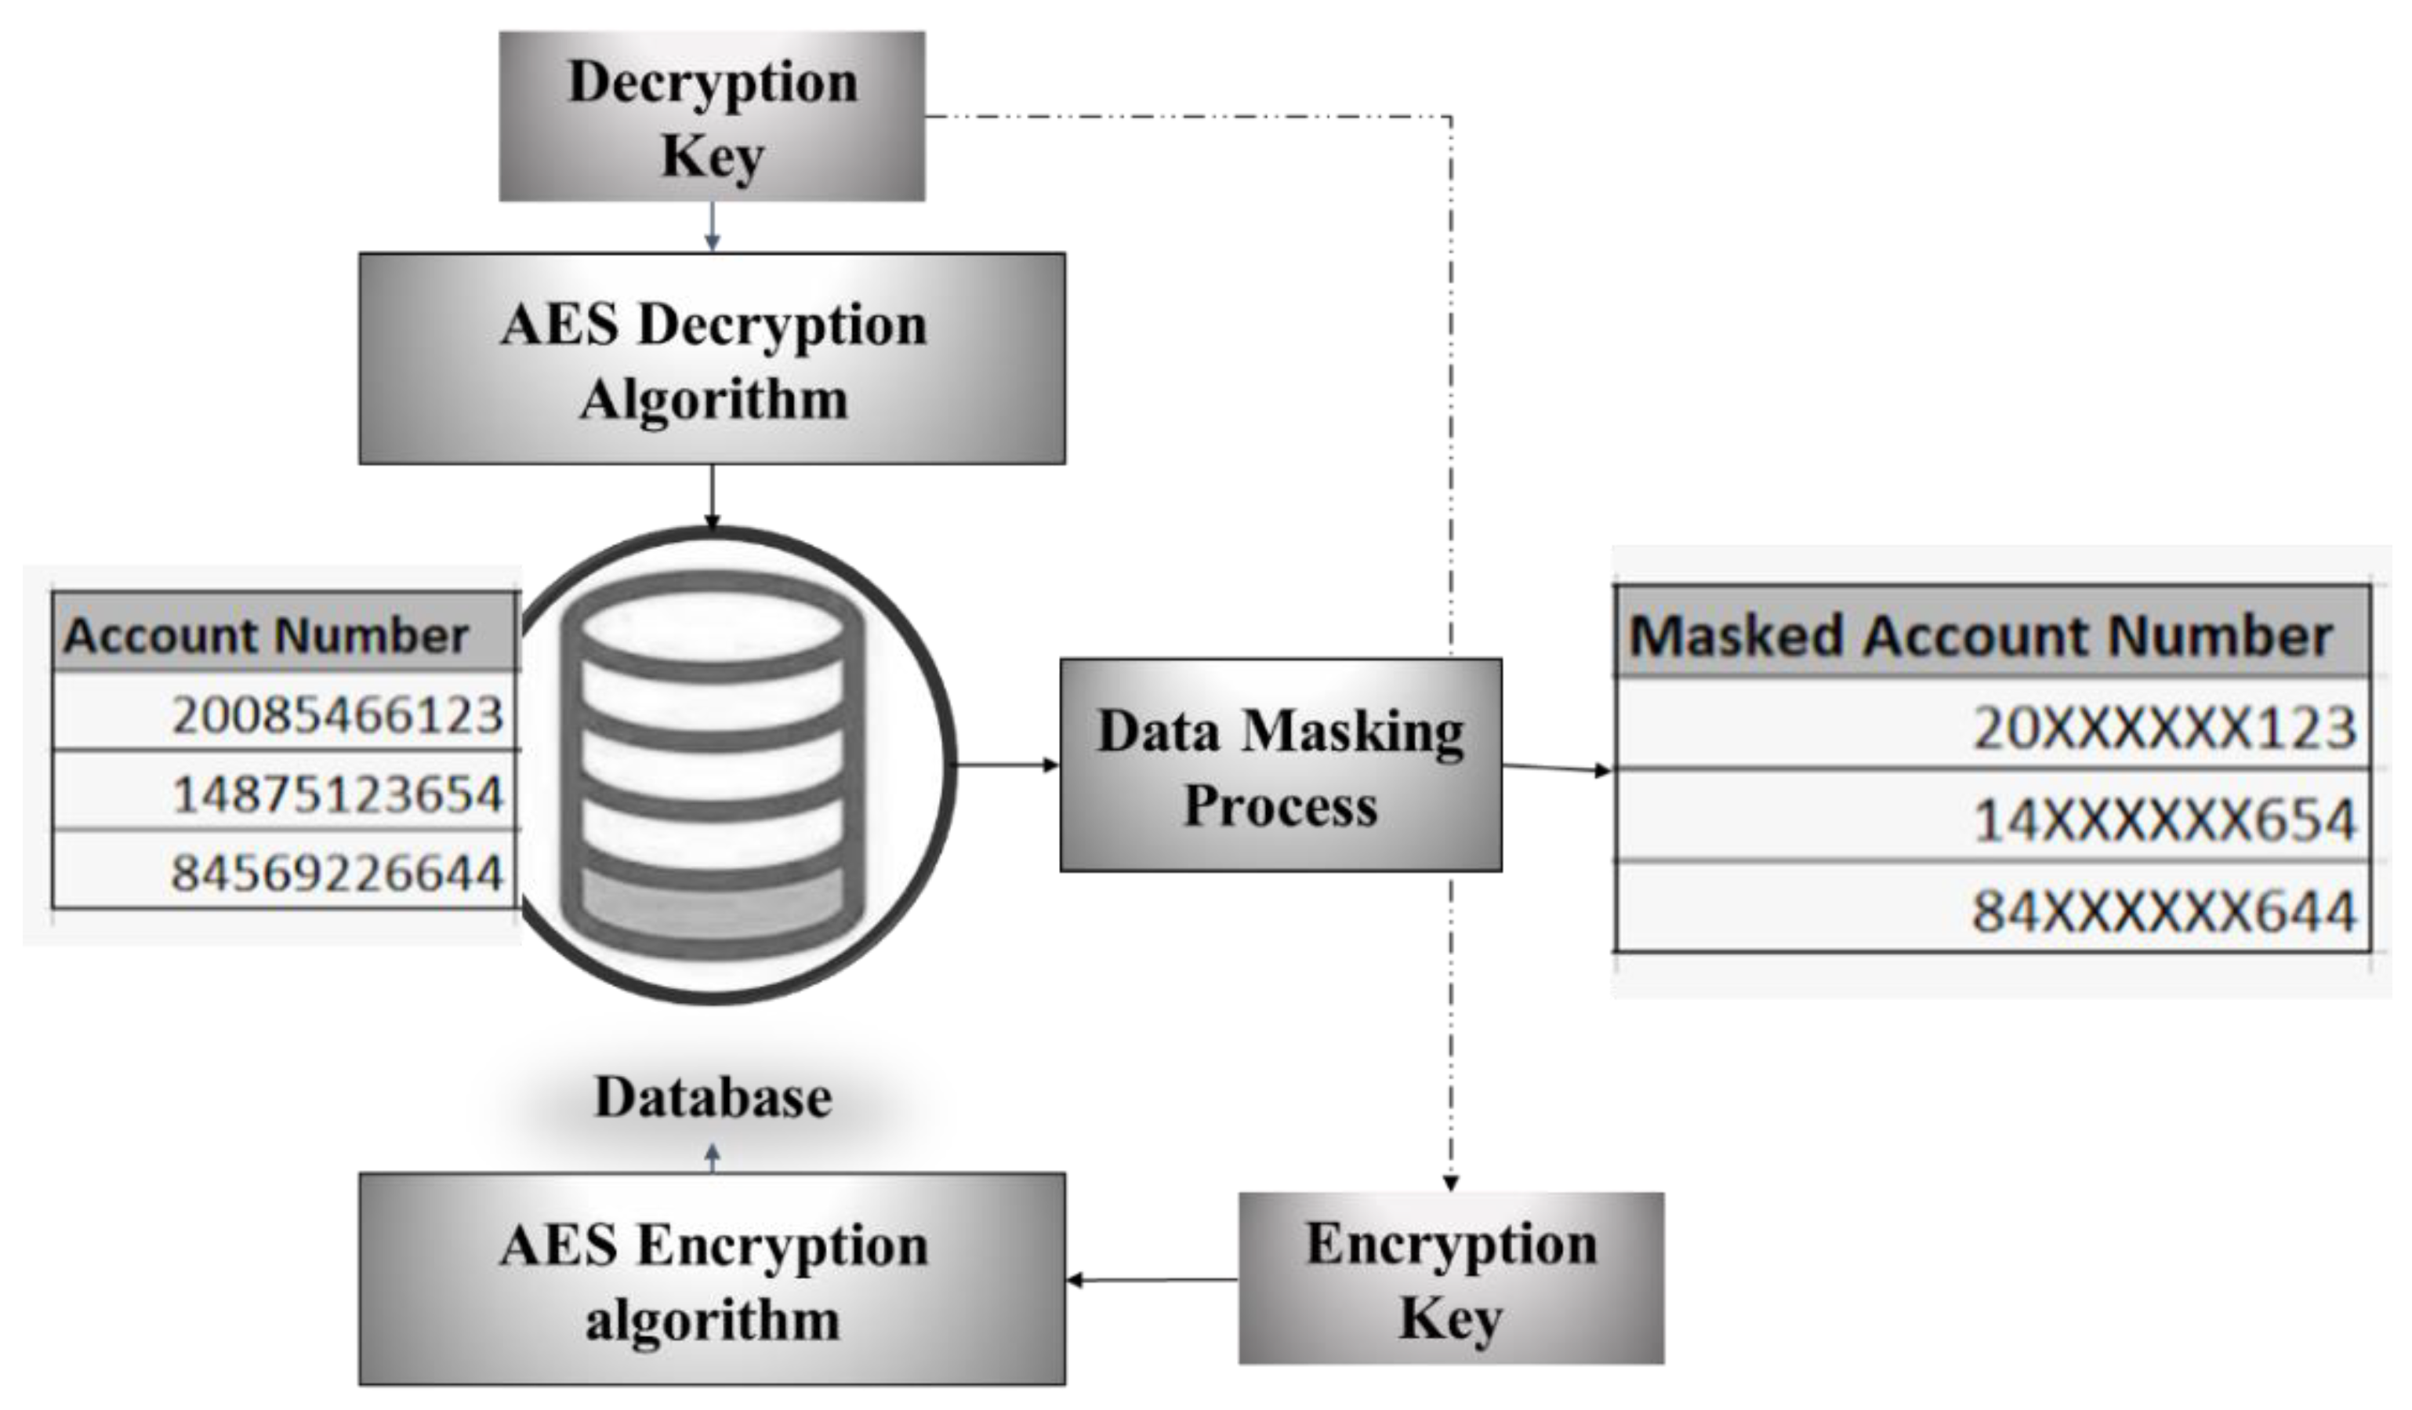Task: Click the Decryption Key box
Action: click(711, 116)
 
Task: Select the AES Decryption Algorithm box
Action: click(711, 359)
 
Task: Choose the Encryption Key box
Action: click(1450, 1278)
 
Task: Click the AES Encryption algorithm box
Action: click(711, 1280)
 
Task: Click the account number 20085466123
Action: click(337, 714)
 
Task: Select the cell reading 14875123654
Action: click(337, 794)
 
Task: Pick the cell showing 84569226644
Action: click(337, 872)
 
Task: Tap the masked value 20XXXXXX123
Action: click(2164, 728)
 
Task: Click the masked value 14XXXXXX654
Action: click(2164, 819)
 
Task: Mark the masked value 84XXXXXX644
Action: click(2164, 910)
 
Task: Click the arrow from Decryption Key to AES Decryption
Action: click(711, 228)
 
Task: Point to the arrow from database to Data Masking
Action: click(1007, 765)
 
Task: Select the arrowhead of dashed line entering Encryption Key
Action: click(1450, 1184)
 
